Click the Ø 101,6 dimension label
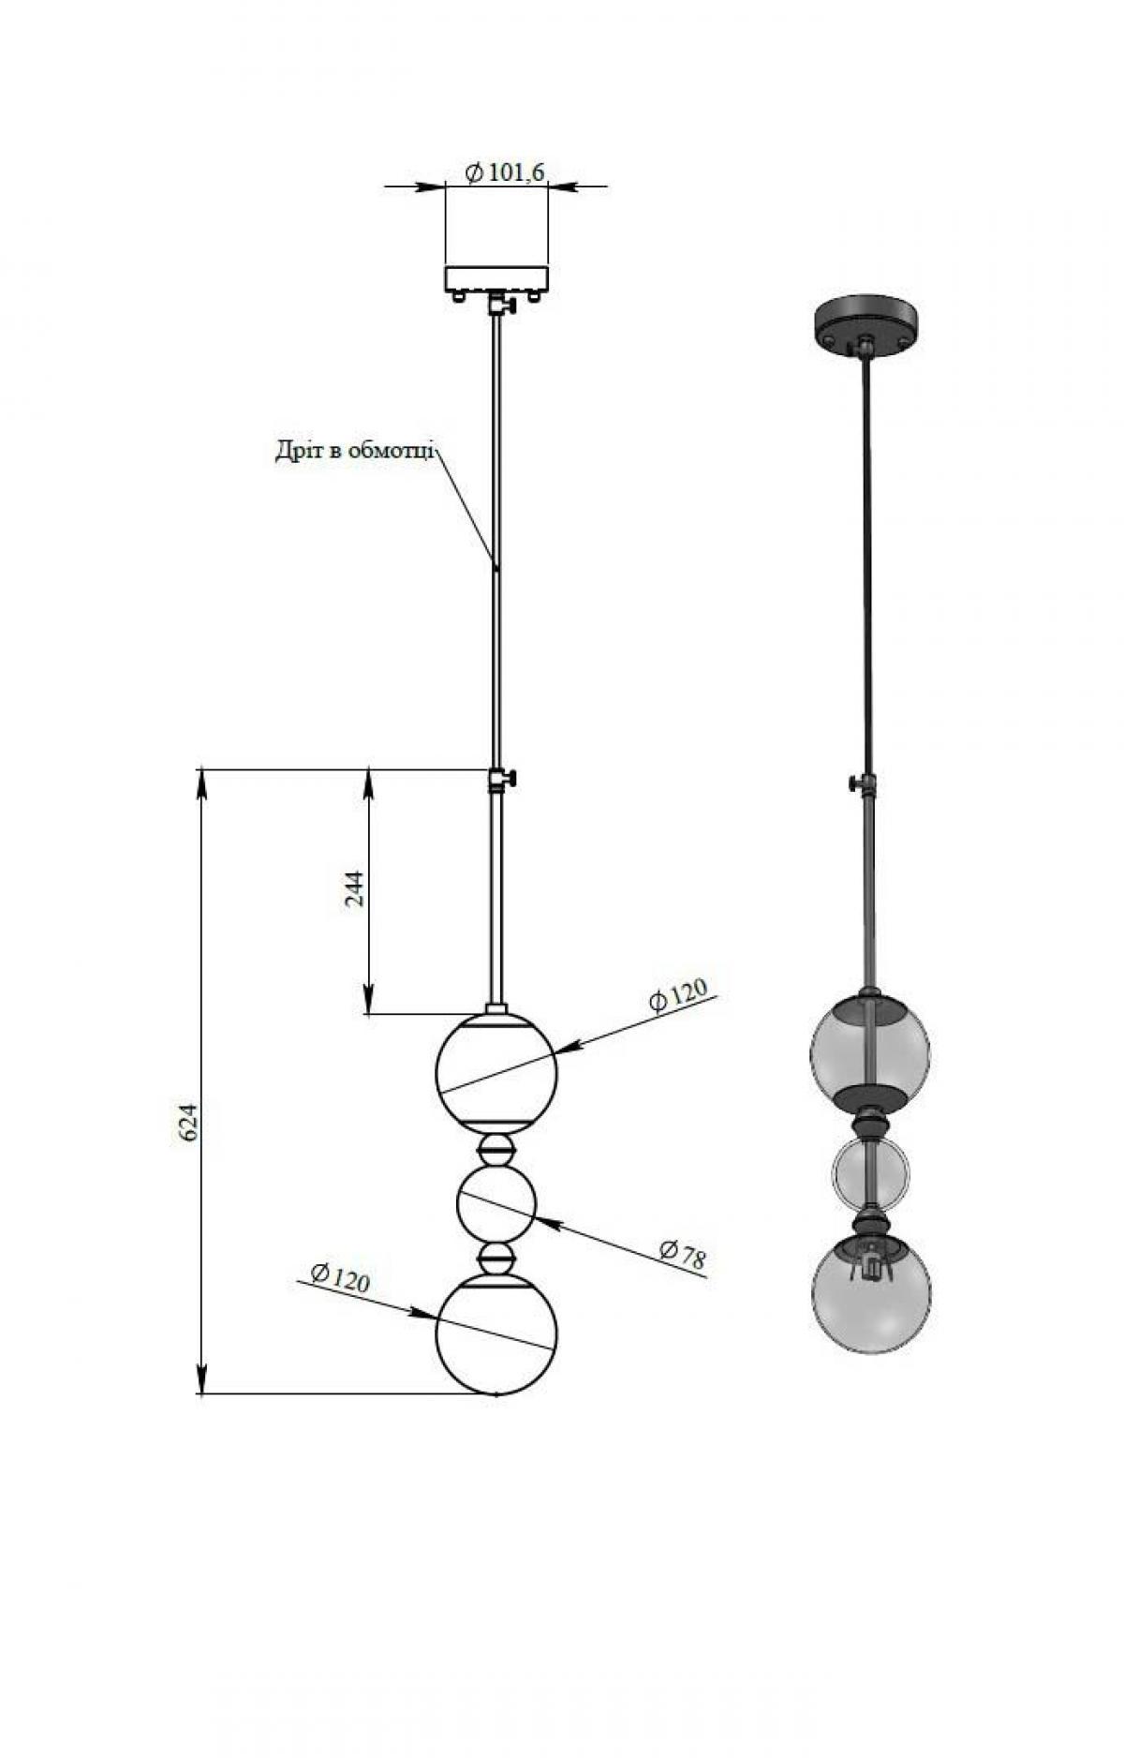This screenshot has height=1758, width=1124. [505, 171]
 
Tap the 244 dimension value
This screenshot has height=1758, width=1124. [355, 889]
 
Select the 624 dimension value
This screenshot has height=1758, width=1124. [188, 1122]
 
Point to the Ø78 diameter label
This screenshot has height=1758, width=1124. [682, 1255]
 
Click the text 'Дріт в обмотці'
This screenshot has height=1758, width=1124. [355, 451]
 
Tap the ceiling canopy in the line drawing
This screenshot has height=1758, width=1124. [496, 278]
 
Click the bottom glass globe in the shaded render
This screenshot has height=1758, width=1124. [871, 1294]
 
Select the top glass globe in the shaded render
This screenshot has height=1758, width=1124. [870, 1050]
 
